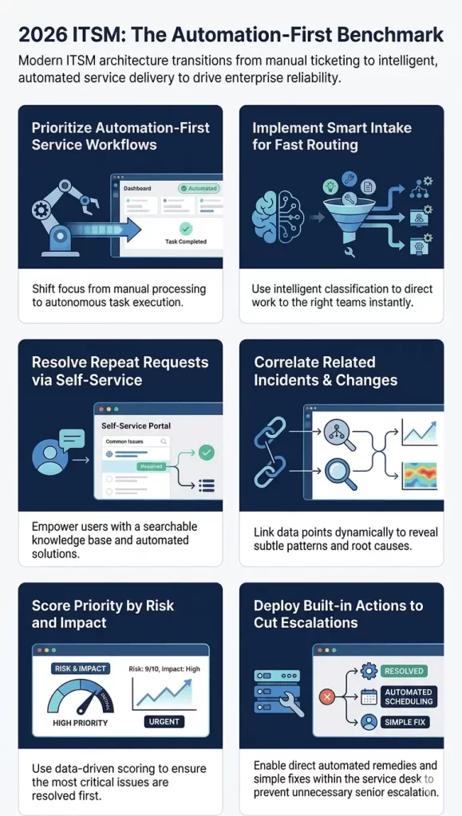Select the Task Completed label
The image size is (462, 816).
[185, 241]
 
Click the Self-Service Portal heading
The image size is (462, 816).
[136, 426]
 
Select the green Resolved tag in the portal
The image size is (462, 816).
[151, 466]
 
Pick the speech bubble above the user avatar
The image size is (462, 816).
[71, 438]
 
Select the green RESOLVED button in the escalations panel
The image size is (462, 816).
[404, 671]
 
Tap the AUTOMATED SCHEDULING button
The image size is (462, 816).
[409, 696]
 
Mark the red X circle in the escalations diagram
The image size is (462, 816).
[326, 696]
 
